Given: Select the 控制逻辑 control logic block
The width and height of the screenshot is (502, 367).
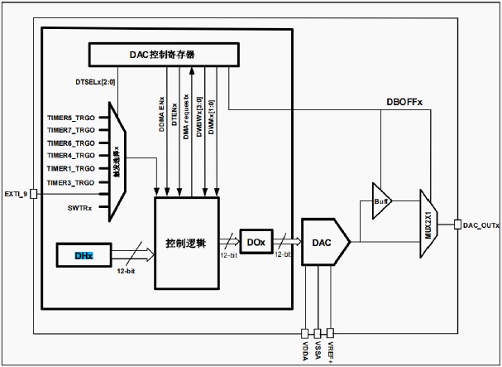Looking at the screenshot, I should tap(187, 244).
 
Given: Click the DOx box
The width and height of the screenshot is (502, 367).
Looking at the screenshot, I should tap(255, 242).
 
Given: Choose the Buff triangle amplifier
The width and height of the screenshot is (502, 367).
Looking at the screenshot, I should tap(381, 200).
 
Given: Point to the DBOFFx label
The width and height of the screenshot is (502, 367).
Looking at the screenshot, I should tap(405, 102).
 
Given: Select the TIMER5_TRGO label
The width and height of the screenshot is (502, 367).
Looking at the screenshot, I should tap(72, 117).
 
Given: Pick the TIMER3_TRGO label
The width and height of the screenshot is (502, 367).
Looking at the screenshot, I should tap(72, 182).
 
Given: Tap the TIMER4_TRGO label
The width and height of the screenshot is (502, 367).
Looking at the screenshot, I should tap(72, 156).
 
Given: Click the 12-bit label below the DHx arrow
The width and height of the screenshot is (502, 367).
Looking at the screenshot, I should tap(125, 271).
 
